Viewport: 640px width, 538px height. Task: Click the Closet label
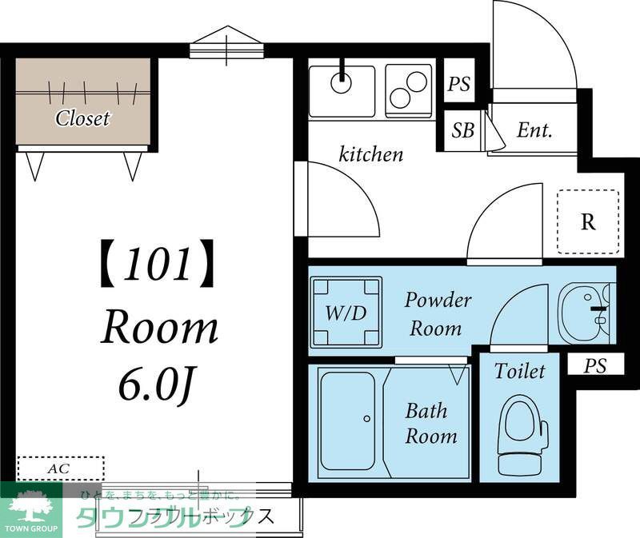click(82, 119)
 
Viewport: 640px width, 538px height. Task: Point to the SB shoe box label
click(462, 130)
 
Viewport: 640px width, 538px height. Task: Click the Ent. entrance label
click(534, 130)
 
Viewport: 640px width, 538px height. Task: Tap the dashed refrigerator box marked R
click(588, 221)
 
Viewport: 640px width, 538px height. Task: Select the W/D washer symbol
click(346, 312)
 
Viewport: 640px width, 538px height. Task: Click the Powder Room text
click(437, 313)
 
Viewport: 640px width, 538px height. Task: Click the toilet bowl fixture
click(522, 436)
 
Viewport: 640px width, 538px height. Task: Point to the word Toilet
click(519, 372)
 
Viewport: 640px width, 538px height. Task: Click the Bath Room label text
click(430, 424)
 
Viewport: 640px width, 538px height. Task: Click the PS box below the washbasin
click(594, 366)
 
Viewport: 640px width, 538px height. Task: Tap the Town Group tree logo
click(30, 508)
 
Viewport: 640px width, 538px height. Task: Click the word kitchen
click(371, 153)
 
